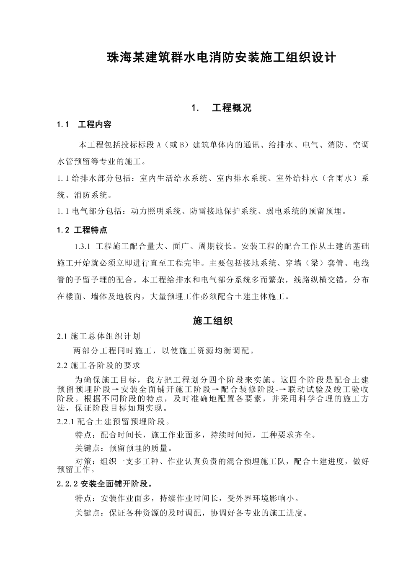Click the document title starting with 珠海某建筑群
tap(222, 57)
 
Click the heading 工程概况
tap(232, 108)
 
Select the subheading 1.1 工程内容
tap(84, 125)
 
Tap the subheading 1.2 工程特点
tap(82, 230)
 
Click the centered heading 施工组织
tap(213, 321)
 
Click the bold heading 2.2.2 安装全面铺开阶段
tap(105, 484)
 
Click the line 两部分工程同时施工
tap(164, 350)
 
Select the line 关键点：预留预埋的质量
tap(124, 449)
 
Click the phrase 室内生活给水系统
tap(174, 178)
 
